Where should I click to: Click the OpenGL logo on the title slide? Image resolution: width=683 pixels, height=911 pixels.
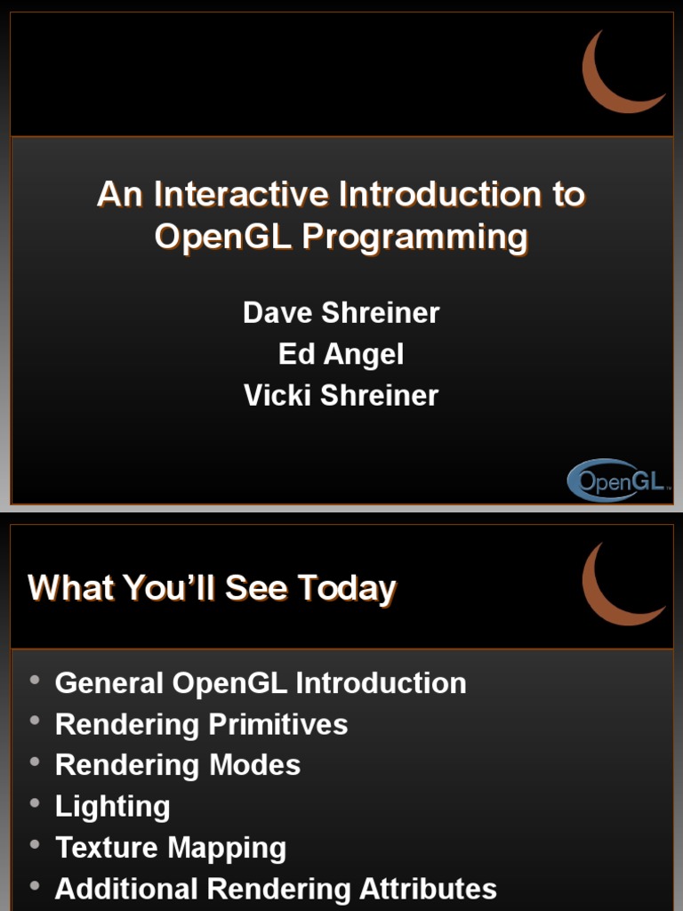point(615,480)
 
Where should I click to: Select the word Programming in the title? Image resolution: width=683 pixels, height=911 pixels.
point(414,238)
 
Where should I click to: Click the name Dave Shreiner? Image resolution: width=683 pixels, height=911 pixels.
point(341,312)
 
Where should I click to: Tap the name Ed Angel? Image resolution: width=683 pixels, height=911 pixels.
point(341,354)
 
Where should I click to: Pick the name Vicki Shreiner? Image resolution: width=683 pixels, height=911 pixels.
point(341,396)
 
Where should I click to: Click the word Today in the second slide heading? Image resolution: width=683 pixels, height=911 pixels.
point(347,589)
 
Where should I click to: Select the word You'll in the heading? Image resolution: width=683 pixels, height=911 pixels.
point(169,587)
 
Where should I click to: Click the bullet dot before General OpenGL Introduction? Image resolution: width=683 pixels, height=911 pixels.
point(35,679)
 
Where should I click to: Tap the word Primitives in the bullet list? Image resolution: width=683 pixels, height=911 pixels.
point(277,724)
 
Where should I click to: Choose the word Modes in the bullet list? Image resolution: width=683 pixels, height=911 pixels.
point(254,765)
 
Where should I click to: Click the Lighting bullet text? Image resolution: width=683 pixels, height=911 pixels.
point(113,807)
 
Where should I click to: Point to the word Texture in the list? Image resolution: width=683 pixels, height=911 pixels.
point(107,847)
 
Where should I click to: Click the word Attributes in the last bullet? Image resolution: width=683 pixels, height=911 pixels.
point(428,889)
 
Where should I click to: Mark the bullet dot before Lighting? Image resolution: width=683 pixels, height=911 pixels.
point(35,803)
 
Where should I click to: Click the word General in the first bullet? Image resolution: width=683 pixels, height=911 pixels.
point(108,683)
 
